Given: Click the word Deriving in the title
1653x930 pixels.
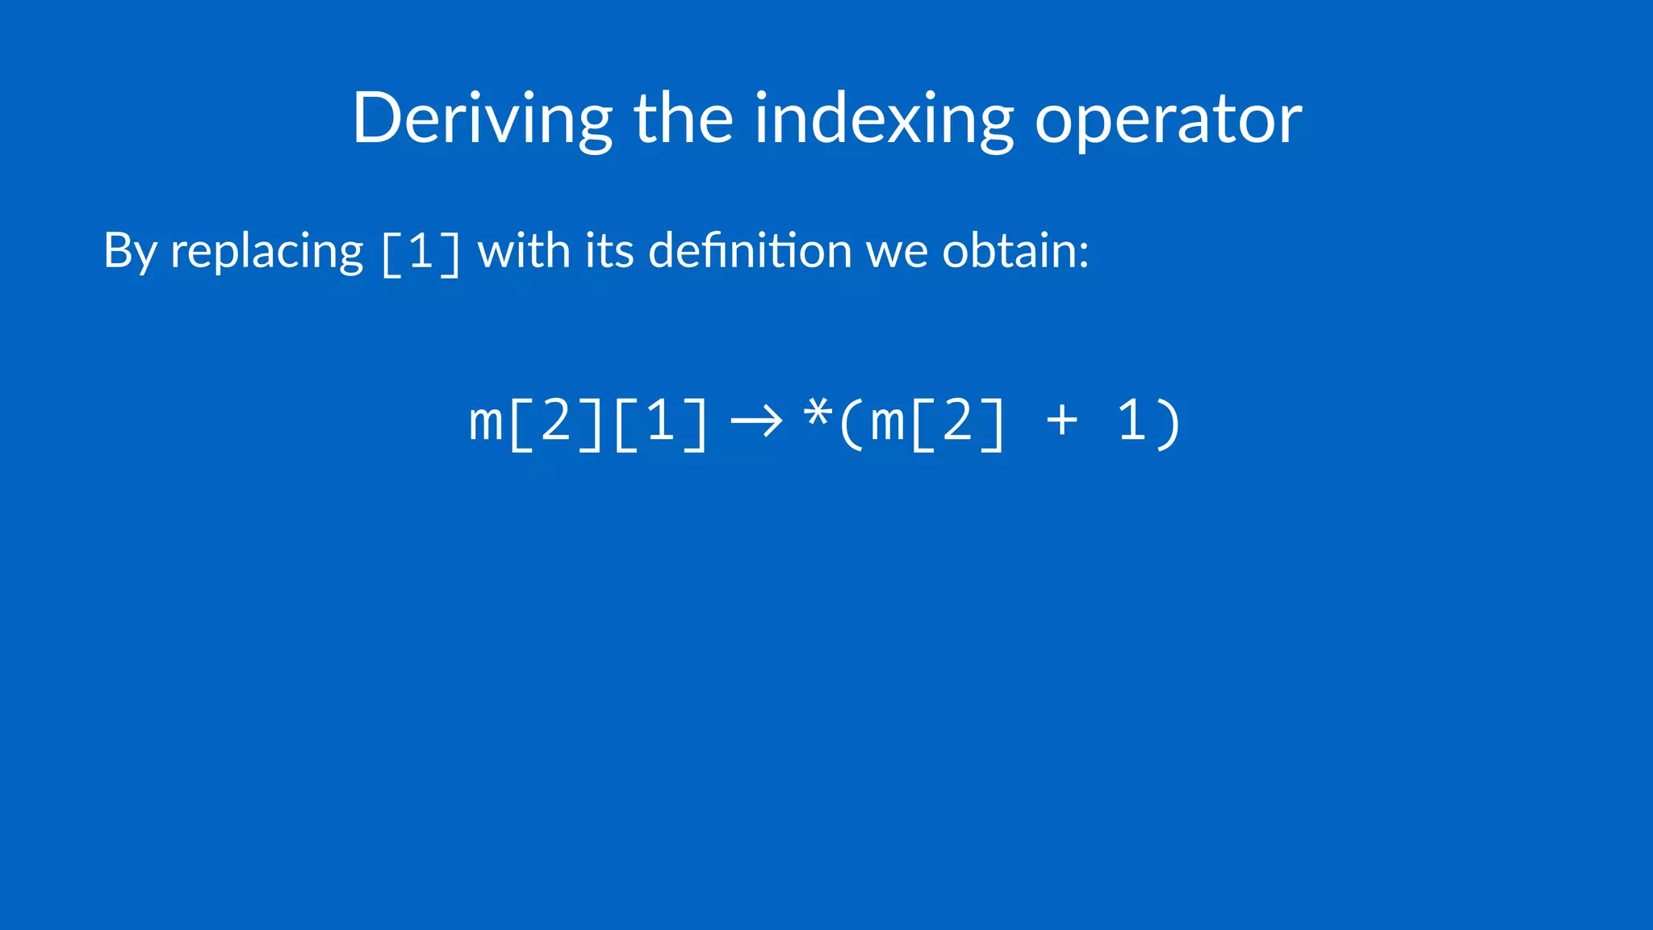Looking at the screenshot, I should point(482,119).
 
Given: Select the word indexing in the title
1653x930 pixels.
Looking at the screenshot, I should point(884,119).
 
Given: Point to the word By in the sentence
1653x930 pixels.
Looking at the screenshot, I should point(129,251).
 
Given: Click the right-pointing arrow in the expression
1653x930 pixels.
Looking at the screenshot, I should point(756,421).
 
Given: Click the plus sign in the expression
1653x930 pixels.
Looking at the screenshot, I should point(1061,421).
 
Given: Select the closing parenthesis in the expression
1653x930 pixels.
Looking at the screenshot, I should point(1170,422).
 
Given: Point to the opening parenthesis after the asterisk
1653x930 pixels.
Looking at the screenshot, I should point(851,422).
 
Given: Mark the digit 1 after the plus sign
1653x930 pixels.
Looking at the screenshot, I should point(1132,421).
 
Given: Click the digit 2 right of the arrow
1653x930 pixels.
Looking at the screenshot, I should point(958,421).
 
